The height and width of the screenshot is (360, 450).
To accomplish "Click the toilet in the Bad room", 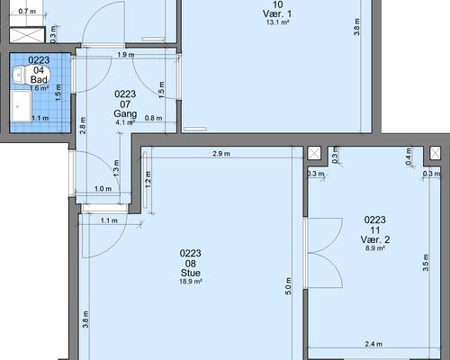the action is click(x=30, y=75).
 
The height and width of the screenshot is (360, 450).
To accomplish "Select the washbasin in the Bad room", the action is click(x=21, y=106).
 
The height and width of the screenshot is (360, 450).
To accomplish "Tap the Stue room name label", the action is click(x=191, y=273).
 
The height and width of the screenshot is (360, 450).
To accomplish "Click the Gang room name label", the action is click(x=125, y=113).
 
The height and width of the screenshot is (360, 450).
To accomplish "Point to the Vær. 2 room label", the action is click(x=375, y=239).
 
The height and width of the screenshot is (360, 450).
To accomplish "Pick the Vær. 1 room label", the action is click(x=277, y=13).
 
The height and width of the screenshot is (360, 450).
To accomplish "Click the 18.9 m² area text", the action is click(x=191, y=282).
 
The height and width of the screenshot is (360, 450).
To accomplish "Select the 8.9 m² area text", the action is click(x=375, y=248).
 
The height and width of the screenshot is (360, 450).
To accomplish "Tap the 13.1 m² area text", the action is click(x=277, y=22).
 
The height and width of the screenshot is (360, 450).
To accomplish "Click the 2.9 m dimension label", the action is click(x=221, y=154).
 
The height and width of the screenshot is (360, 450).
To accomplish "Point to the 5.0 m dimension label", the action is click(x=288, y=286).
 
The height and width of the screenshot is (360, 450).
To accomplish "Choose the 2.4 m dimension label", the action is click(x=373, y=344).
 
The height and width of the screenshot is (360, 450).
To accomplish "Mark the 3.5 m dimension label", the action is click(x=426, y=263).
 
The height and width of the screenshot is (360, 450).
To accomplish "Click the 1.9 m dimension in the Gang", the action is click(x=126, y=55).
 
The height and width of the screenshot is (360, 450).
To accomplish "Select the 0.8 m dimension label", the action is click(x=153, y=118).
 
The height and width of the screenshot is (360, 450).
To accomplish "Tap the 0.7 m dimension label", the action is click(x=27, y=12).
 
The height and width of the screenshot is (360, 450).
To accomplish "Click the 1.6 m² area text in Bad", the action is click(x=40, y=88).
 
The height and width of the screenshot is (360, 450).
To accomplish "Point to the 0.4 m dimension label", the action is click(x=409, y=156).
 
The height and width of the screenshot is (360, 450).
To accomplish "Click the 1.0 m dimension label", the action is click(x=103, y=189).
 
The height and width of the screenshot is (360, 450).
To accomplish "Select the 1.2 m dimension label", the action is click(x=148, y=179).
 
